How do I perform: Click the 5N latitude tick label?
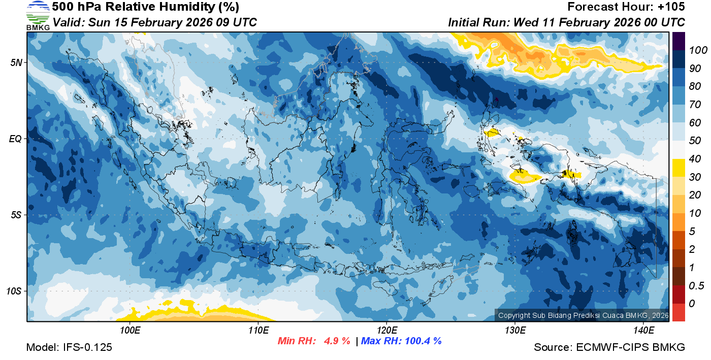pos(16,62)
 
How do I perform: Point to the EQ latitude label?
pos(15,139)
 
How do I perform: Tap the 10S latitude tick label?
pos(14,291)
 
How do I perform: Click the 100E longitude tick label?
pos(130,331)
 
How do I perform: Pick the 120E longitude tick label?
pos(386,331)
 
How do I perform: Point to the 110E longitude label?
pos(258,331)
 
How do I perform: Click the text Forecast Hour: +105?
pos(626,7)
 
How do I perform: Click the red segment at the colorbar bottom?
pos(678,312)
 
